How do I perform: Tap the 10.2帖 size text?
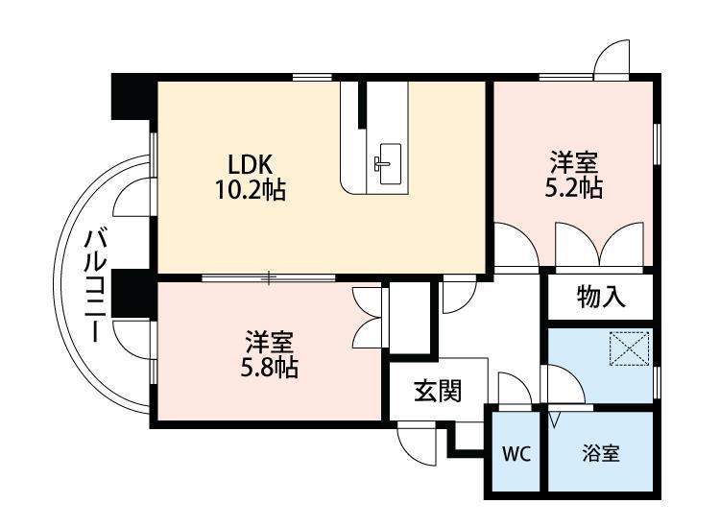click(x=250, y=189)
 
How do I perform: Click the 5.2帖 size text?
click(x=573, y=187)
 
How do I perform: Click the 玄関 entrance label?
click(x=438, y=391)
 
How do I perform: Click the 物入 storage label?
click(x=601, y=298)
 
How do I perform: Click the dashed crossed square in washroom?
click(x=630, y=348)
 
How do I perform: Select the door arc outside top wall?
click(x=611, y=59)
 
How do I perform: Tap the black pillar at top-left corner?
click(x=132, y=97)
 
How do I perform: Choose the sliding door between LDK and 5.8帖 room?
click(x=269, y=278)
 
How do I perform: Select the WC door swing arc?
click(x=515, y=393)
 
